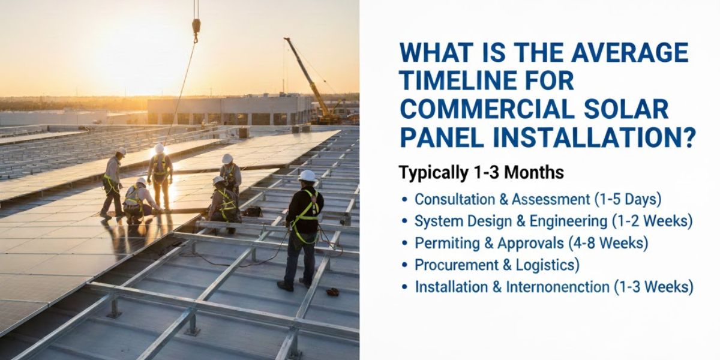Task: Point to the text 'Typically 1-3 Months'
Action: [481, 173]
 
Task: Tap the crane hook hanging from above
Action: [196, 28]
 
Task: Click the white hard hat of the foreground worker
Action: [307, 176]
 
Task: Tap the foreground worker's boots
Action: [295, 284]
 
